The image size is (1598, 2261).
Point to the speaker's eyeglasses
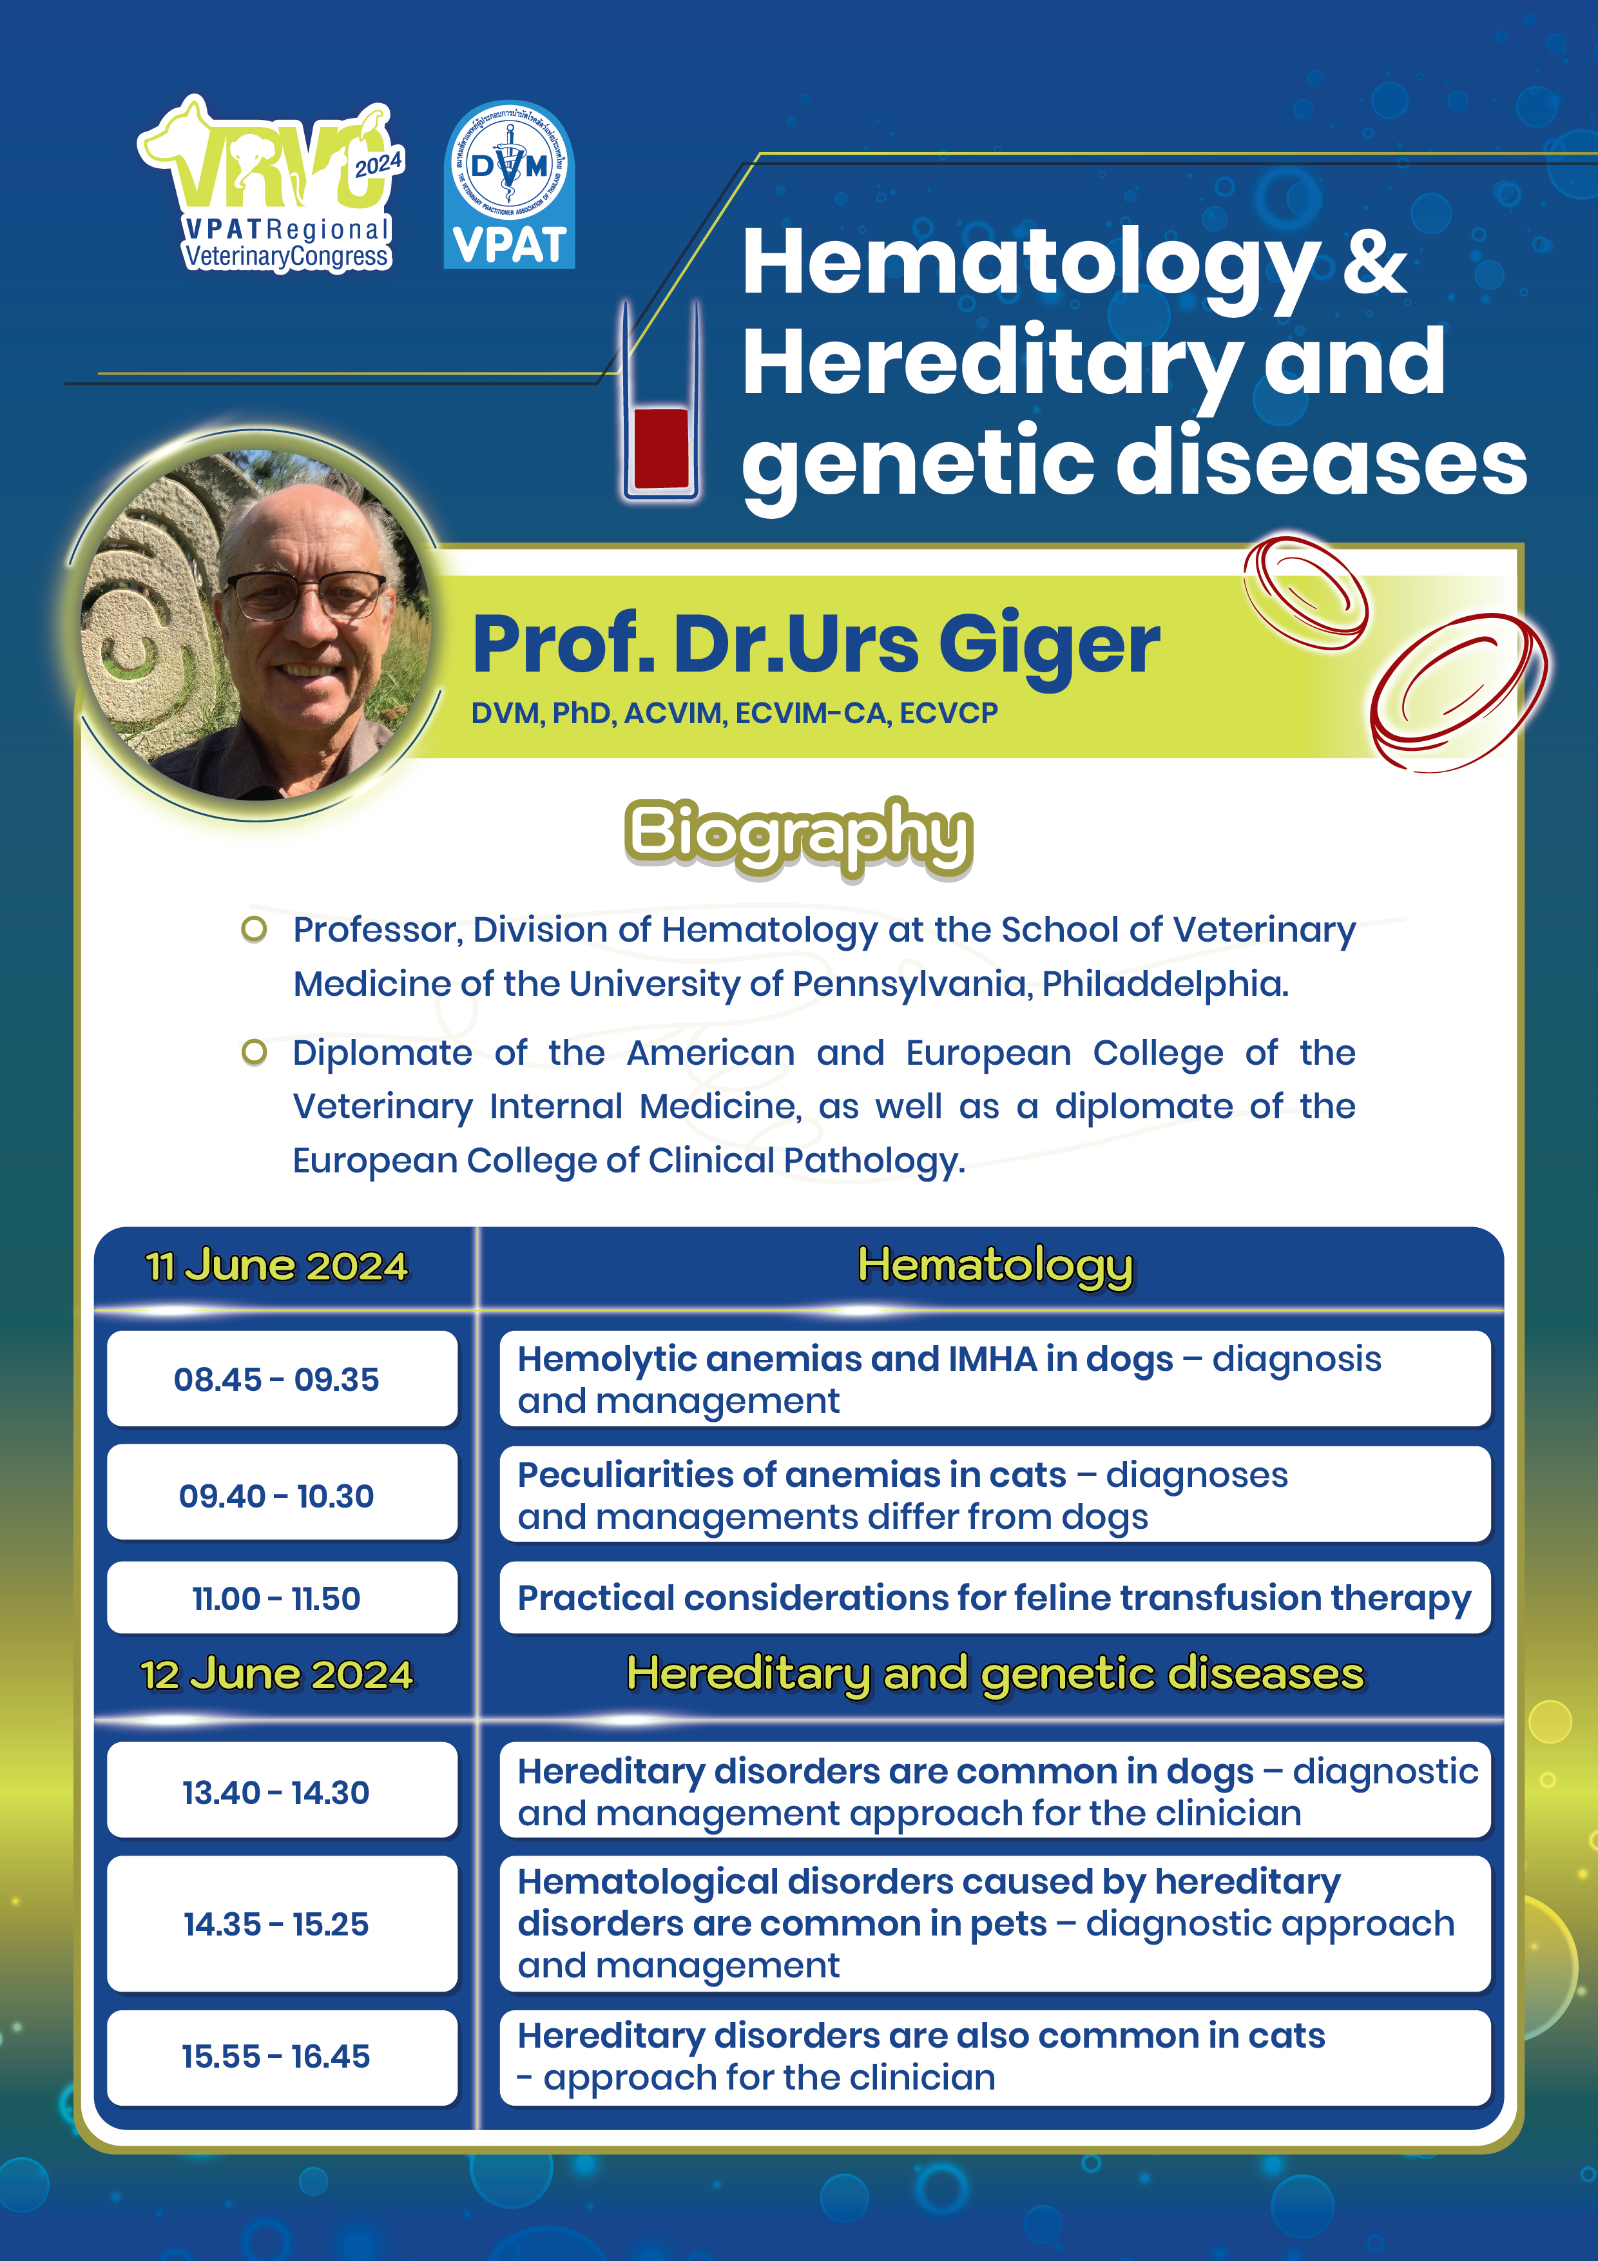[x=306, y=594]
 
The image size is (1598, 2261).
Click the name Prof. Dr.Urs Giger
[x=816, y=645]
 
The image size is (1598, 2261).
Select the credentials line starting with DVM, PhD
[x=735, y=713]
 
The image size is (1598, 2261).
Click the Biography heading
[x=798, y=835]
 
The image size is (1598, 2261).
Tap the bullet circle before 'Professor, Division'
[x=254, y=929]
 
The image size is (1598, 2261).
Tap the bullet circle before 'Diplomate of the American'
[x=254, y=1053]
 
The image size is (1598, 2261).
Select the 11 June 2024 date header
[x=276, y=1266]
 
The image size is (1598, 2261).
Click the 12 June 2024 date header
[x=276, y=1675]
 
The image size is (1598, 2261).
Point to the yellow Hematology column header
[x=996, y=1266]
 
